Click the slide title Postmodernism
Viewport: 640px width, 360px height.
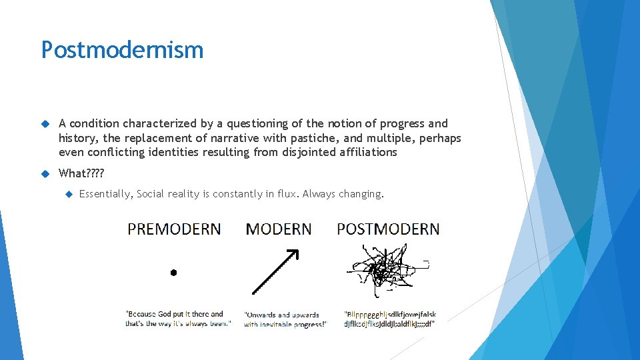pos(122,50)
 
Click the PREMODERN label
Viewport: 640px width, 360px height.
pos(174,229)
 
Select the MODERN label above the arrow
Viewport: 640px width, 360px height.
pos(278,229)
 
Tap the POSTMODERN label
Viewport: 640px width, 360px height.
pos(388,229)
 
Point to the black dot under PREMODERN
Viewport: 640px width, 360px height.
pos(173,272)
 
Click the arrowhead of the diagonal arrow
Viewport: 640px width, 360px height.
pos(293,255)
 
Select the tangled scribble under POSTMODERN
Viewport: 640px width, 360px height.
pos(382,271)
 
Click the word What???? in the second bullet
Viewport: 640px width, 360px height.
pos(81,173)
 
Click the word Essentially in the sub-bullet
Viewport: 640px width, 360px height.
pos(105,194)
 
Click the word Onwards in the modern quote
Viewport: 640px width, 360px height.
pos(262,315)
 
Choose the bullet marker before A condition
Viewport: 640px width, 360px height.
pos(45,124)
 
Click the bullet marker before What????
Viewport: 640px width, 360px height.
pos(45,174)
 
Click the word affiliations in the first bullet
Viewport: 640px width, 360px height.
pos(365,152)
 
